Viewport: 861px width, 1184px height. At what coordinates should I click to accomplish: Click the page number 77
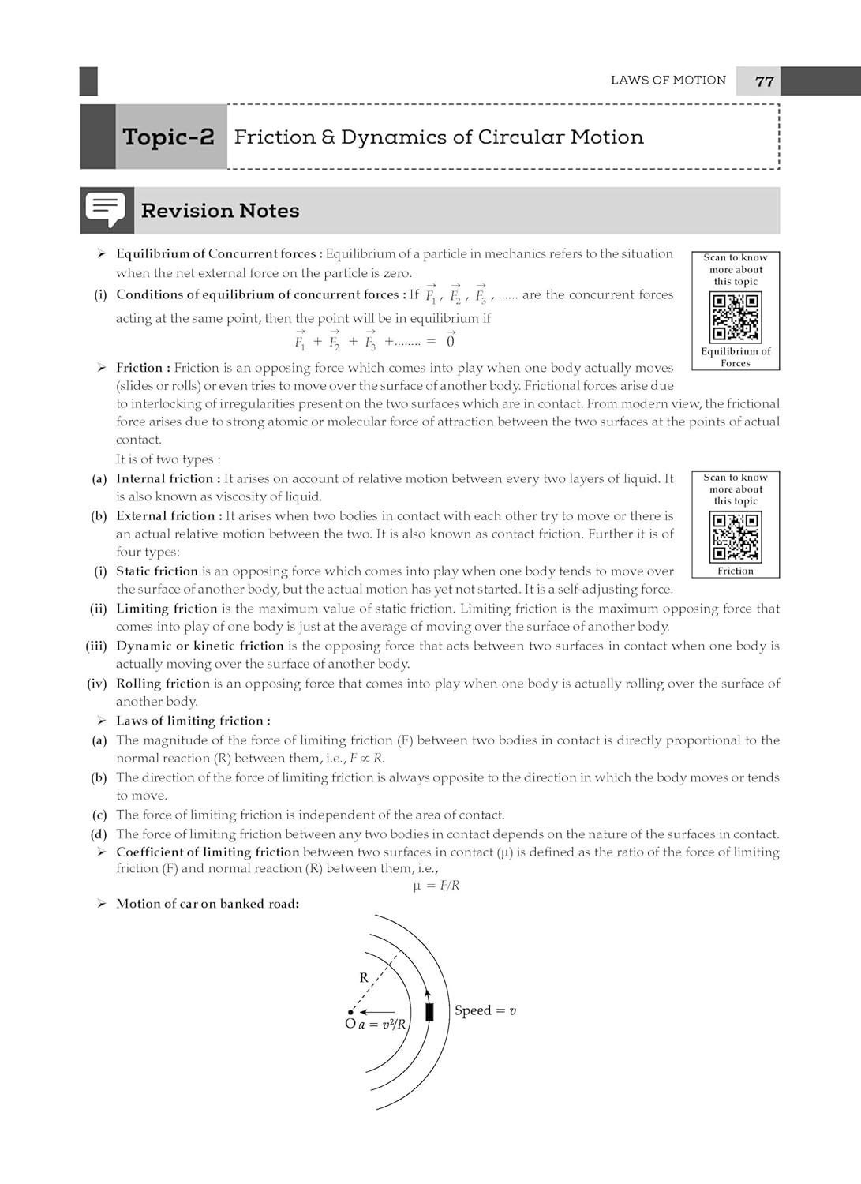pos(764,81)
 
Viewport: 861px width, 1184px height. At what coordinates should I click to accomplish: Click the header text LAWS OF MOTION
pos(668,81)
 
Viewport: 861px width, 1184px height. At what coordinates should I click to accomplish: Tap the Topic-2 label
pos(168,137)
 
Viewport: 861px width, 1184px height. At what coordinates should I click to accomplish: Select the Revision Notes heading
pos(220,211)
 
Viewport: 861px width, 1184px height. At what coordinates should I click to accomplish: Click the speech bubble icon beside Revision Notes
pos(106,210)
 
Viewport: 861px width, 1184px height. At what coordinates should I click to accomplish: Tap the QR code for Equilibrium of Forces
pos(736,317)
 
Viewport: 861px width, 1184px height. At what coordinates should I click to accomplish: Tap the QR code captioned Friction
pos(736,537)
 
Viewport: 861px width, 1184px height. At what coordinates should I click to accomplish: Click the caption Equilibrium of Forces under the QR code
pos(736,357)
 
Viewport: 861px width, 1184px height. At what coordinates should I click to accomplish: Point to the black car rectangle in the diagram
pos(429,1011)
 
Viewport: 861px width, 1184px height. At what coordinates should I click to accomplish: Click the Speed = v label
pos(485,1010)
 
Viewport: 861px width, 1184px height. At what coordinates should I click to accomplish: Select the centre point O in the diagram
pos(351,1013)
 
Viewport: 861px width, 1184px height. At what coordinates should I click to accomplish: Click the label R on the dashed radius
pos(364,977)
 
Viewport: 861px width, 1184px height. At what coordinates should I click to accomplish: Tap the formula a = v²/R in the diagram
pos(382,1025)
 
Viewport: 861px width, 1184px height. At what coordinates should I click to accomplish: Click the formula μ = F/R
pos(436,886)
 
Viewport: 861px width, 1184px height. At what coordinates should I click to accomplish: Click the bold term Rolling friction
pos(163,684)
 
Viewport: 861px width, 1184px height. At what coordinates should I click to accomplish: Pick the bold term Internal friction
pos(164,478)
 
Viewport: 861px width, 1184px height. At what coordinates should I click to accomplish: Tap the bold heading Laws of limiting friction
pos(193,721)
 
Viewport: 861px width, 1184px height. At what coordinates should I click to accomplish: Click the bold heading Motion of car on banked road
pos(208,904)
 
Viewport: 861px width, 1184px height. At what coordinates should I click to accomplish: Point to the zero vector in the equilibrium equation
pos(451,341)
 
